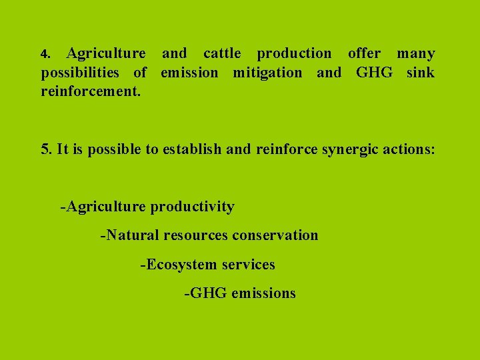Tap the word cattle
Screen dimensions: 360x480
click(222, 53)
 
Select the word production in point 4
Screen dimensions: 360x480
click(294, 53)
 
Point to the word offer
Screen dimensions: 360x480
click(365, 53)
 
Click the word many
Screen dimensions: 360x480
click(416, 53)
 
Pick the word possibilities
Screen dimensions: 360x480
click(85, 73)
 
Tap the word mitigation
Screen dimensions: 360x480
click(267, 73)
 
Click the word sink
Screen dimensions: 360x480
click(420, 73)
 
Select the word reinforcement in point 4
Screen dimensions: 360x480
click(91, 91)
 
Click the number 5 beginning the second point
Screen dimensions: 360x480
click(45, 149)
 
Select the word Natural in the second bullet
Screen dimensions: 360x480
click(132, 235)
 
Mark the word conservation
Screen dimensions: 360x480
click(275, 235)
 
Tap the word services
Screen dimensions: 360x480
click(248, 265)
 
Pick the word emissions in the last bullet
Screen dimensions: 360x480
click(263, 293)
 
